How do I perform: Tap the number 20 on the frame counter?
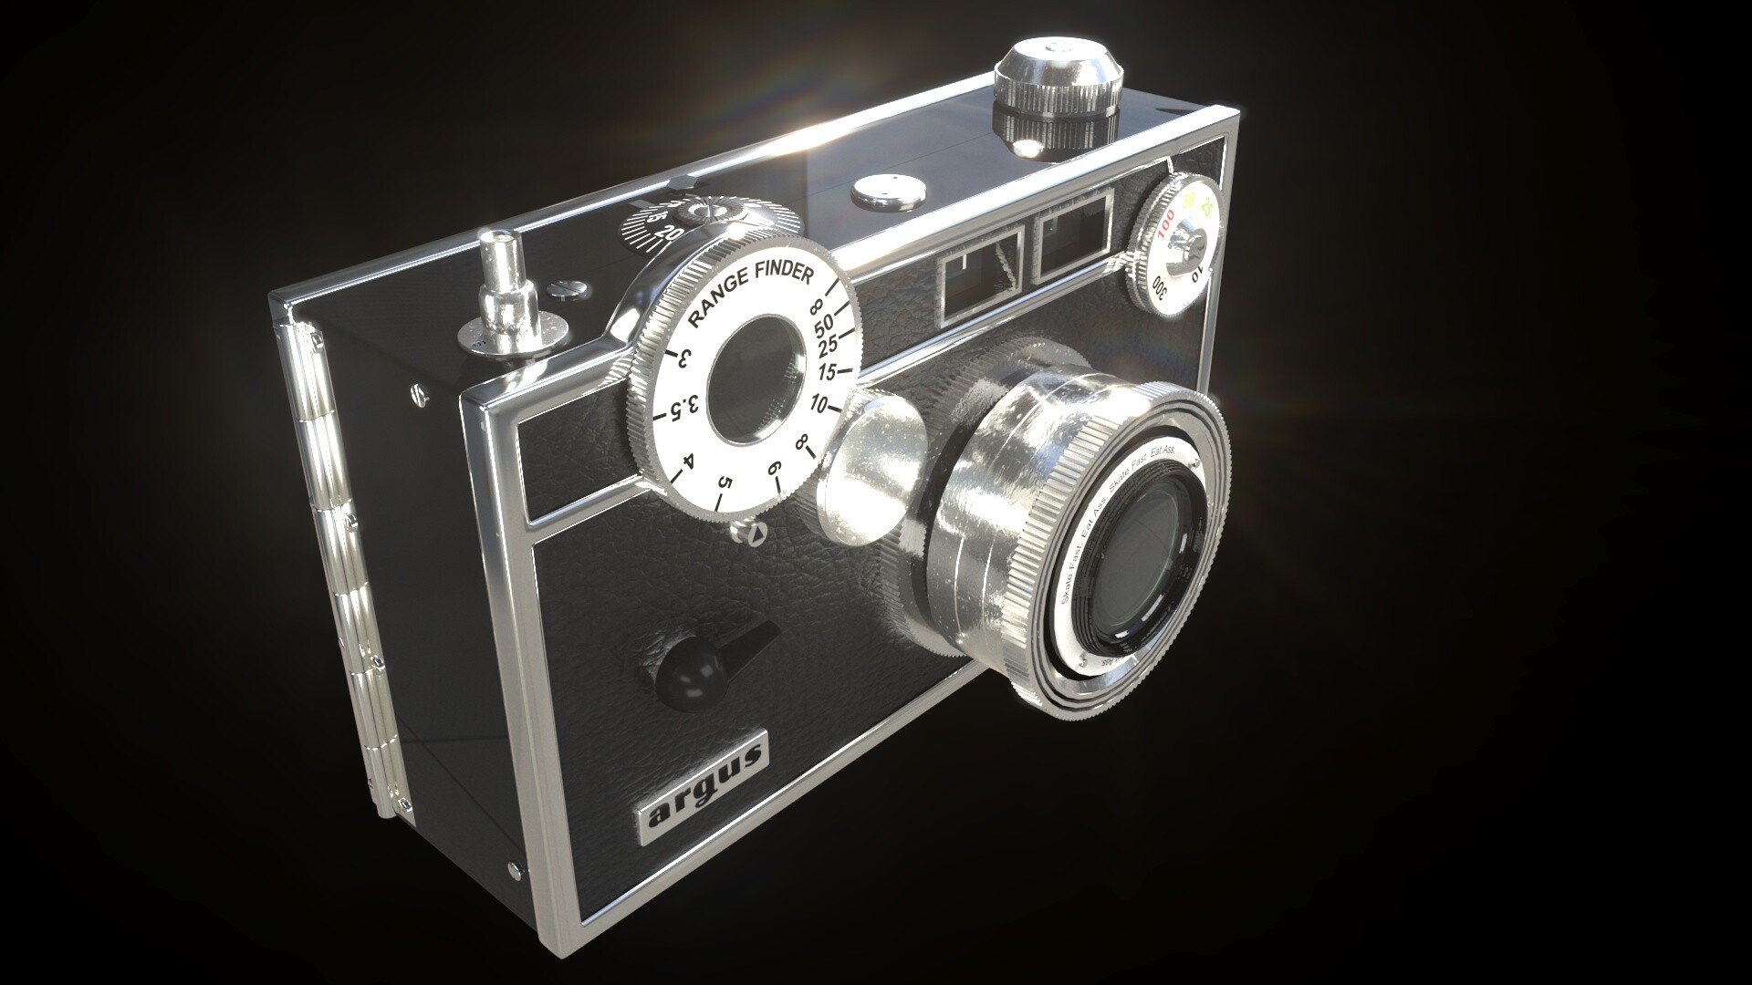tap(672, 233)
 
